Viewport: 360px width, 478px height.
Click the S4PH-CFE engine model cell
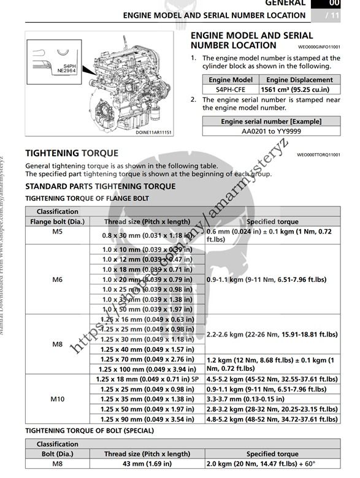230,89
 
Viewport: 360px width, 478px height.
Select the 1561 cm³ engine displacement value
297,89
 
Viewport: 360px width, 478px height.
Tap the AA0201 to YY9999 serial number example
271,131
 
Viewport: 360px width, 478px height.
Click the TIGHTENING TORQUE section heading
72,153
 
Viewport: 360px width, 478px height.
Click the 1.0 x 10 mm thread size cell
147,249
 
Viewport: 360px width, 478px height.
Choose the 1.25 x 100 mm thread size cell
147,369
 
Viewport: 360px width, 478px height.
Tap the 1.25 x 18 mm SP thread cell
147,379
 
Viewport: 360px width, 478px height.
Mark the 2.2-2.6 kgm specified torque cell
272,335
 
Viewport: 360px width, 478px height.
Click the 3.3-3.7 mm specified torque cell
272,399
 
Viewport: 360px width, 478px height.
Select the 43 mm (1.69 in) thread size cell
147,464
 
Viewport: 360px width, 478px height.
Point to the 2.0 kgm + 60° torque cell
272,464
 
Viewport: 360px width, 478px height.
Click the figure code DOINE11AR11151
153,132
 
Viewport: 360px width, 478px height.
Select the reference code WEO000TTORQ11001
318,155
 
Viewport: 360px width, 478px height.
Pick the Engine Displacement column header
297,80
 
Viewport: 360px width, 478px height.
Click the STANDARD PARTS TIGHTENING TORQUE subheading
100,186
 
